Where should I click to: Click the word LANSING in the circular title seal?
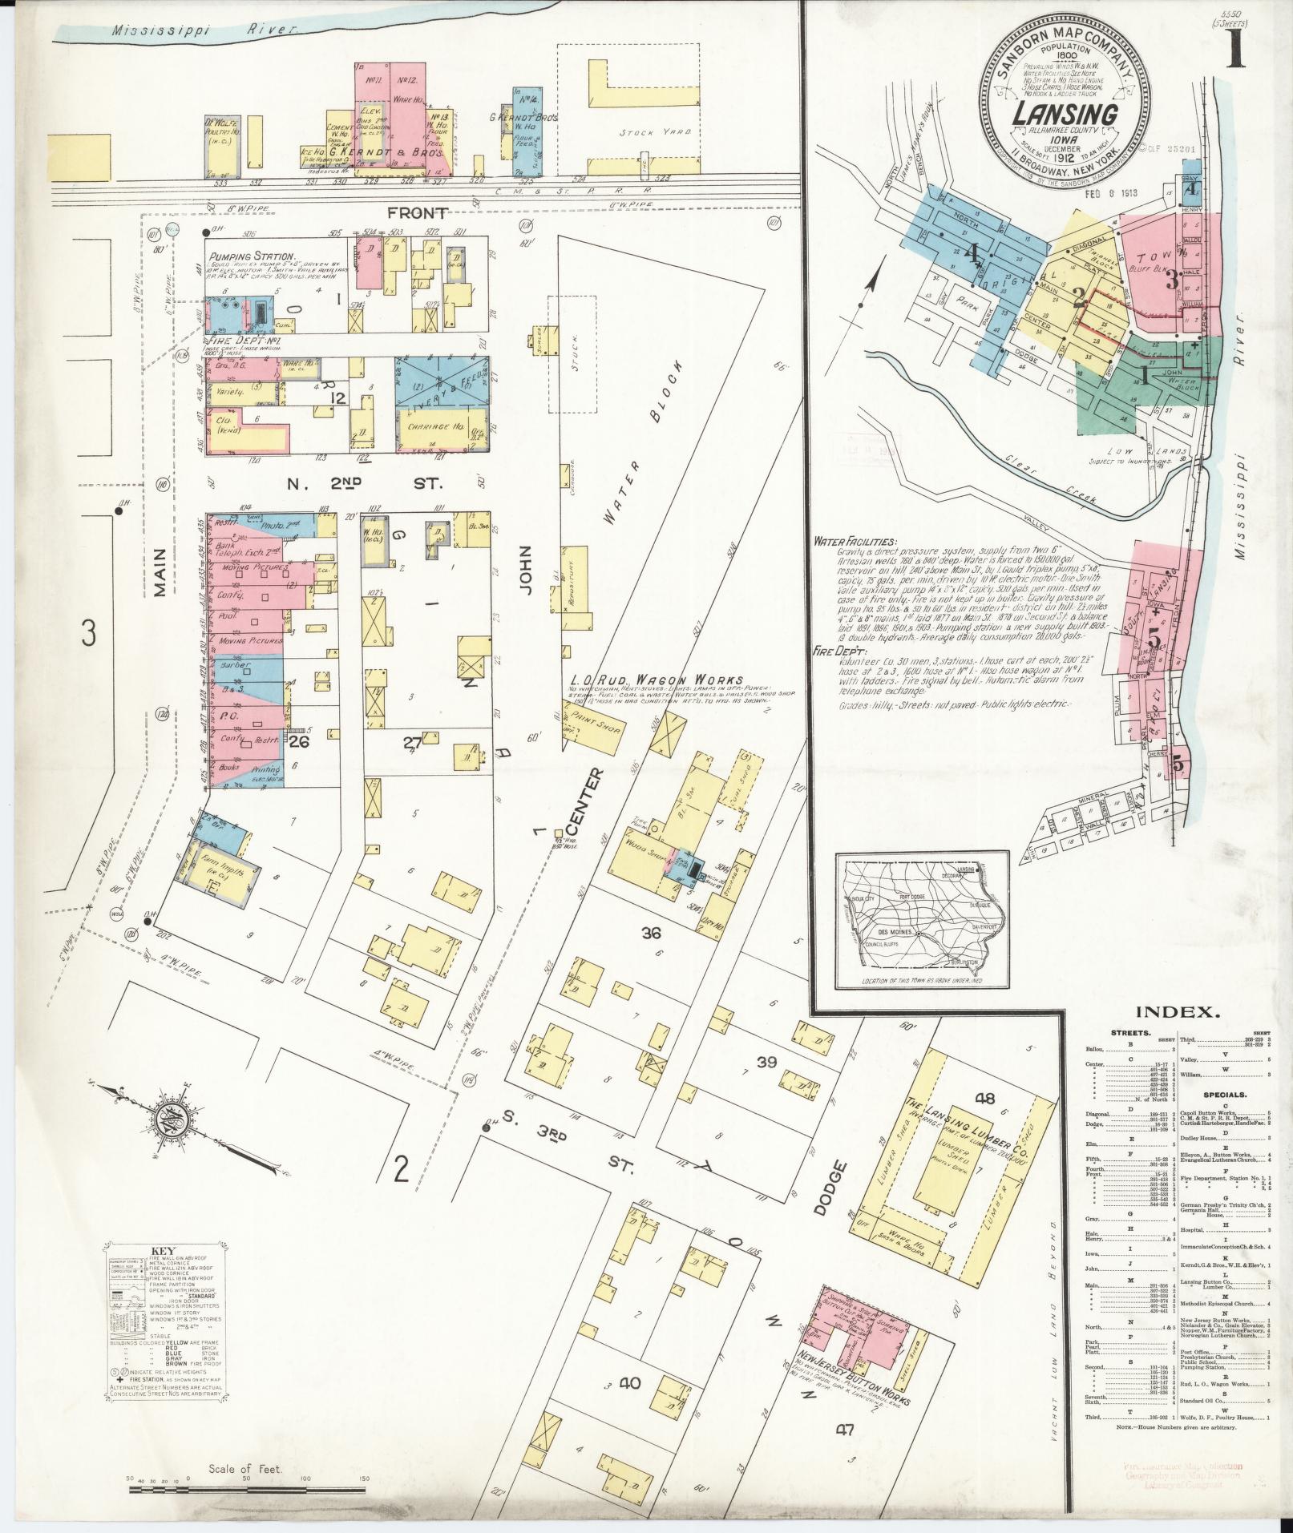click(x=1064, y=115)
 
